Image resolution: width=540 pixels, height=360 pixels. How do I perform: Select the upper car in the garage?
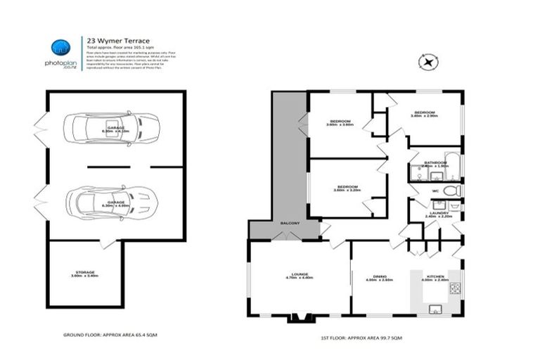(112, 129)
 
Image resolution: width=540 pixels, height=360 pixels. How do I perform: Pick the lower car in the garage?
(112, 202)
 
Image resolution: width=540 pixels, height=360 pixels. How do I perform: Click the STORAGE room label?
(84, 274)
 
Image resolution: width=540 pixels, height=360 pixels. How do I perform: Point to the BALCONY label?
(290, 223)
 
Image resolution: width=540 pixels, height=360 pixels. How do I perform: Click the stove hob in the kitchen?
(455, 288)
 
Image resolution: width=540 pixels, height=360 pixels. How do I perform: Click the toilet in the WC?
(451, 191)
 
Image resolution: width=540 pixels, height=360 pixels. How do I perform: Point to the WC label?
(435, 191)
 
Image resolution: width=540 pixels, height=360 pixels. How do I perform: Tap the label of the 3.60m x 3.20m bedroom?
(347, 188)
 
